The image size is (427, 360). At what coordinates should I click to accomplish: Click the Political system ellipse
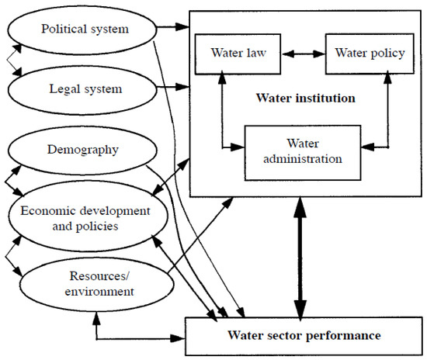point(86,31)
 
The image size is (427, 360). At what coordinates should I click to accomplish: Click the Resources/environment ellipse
point(85,285)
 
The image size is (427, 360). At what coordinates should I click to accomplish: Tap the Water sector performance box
point(304,336)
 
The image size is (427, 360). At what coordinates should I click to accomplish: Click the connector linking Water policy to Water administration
point(387,109)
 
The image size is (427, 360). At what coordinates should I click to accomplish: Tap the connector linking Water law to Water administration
point(223,109)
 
